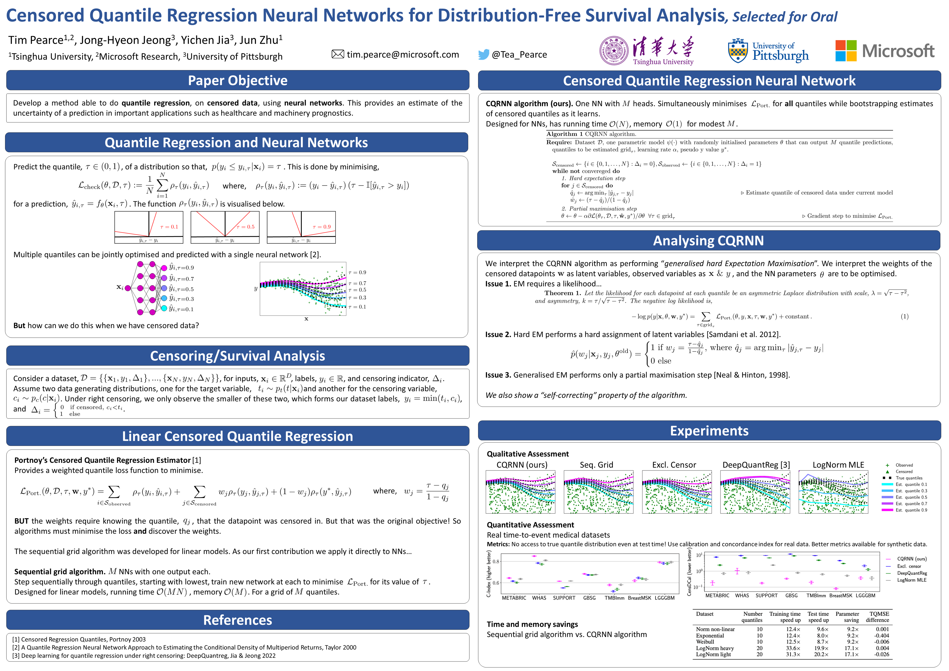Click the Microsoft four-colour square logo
[x=846, y=51]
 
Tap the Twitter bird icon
[x=484, y=55]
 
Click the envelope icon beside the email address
[x=338, y=54]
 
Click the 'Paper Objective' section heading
[x=238, y=81]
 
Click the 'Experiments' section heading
[x=709, y=431]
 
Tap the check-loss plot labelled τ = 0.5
[x=225, y=227]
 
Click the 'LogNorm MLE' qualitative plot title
[x=838, y=465]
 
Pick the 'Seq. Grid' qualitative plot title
[x=597, y=465]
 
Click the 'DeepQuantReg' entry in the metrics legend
[x=912, y=573]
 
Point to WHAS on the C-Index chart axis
[x=539, y=598]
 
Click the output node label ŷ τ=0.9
[x=181, y=267]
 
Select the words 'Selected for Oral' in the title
[x=784, y=17]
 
